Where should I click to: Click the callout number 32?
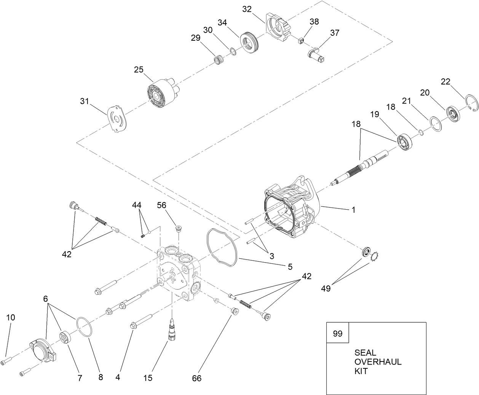coord(247,9)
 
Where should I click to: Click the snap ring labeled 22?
coord(473,104)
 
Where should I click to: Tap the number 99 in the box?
coord(337,334)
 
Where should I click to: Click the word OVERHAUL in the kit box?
coord(378,362)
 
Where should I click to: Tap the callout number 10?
coord(11,317)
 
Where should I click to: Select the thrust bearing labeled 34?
coord(250,42)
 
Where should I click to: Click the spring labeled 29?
coord(219,60)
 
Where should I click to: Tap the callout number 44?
coord(137,205)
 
